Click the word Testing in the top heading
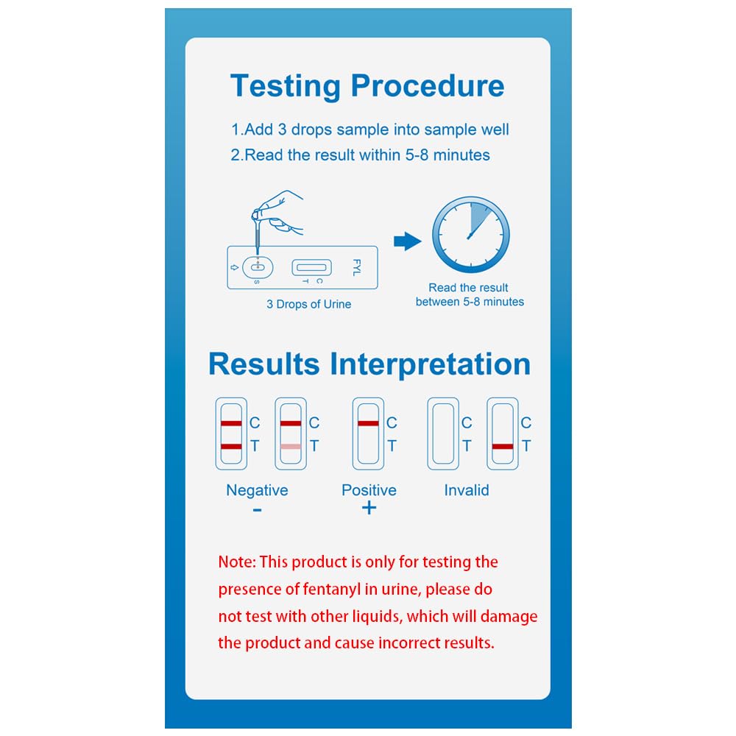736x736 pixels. click(x=286, y=87)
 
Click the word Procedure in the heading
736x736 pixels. click(x=428, y=85)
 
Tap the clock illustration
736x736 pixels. click(x=471, y=235)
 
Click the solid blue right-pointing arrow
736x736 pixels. click(x=408, y=241)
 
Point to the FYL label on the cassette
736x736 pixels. click(x=357, y=267)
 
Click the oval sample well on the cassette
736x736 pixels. click(x=258, y=268)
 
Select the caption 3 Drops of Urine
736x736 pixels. click(x=309, y=304)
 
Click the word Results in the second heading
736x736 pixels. click(x=263, y=364)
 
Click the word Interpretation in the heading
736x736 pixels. click(x=430, y=365)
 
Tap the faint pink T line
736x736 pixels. click(x=291, y=447)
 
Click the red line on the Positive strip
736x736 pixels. click(x=368, y=423)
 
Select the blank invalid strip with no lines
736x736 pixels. click(x=443, y=434)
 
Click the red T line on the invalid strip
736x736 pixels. click(x=503, y=447)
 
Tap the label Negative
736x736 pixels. click(x=257, y=490)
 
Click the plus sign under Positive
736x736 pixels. click(x=369, y=508)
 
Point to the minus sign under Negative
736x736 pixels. click(x=257, y=510)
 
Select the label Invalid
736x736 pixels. click(x=467, y=490)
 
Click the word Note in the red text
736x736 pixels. click(x=237, y=562)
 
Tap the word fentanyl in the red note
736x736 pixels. click(x=332, y=589)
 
